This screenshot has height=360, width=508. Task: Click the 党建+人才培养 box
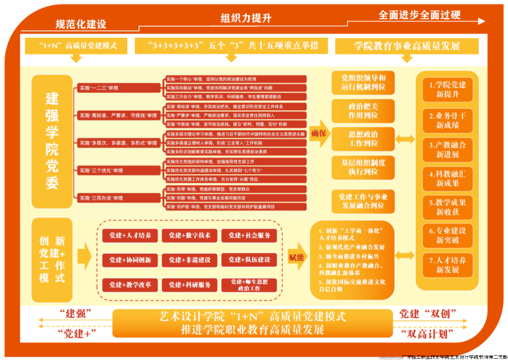point(130,235)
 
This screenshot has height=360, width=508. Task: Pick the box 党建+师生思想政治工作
point(249,285)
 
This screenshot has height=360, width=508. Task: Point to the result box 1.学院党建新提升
point(447,90)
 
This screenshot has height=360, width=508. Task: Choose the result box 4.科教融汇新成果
point(447,179)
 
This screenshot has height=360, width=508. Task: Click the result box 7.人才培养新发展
point(447,265)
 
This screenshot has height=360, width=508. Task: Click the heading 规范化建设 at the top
point(81,24)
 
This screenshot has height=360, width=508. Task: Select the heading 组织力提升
point(246,18)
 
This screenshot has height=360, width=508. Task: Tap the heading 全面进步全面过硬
point(420,15)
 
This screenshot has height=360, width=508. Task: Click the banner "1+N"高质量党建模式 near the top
point(77,46)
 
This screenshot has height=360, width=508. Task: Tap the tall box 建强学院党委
point(52,141)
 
